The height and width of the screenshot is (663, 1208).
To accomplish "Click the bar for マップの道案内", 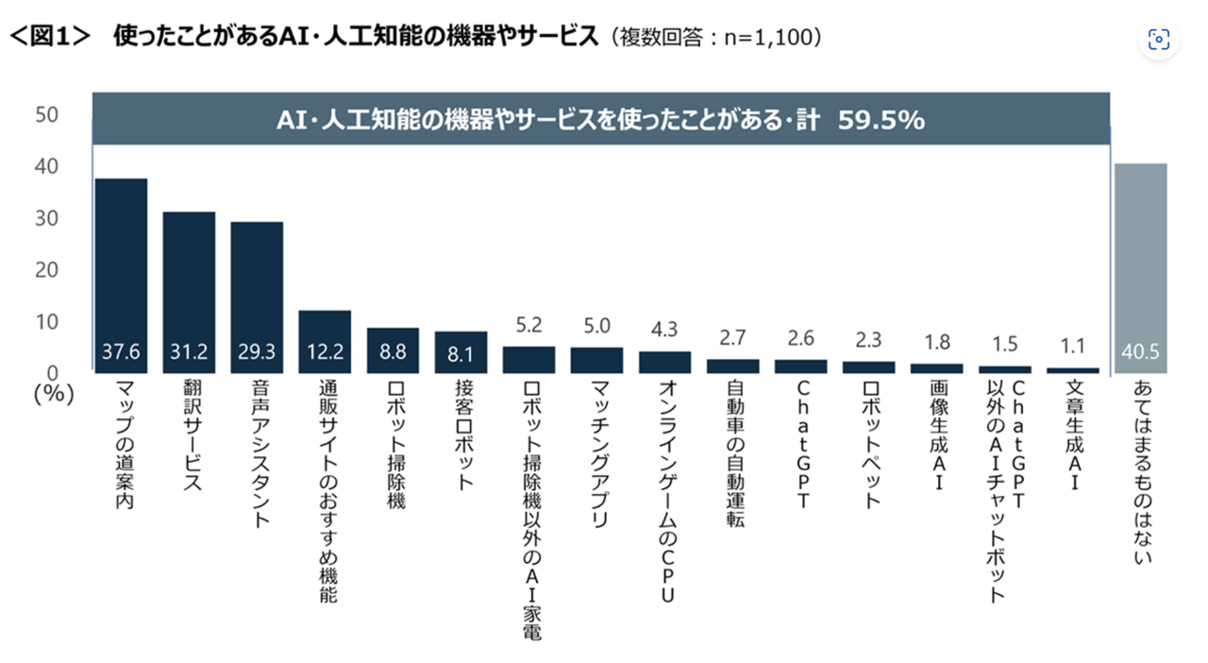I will tap(121, 274).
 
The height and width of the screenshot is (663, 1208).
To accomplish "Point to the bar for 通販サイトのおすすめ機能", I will tap(325, 340).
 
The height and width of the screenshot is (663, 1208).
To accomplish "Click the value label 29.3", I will tap(257, 353).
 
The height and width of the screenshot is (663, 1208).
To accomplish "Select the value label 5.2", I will tap(528, 327).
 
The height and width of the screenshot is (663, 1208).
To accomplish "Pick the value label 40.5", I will tap(1140, 353).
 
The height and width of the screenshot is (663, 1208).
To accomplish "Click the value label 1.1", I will tap(1072, 346).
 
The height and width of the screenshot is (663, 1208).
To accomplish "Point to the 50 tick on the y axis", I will tap(46, 115).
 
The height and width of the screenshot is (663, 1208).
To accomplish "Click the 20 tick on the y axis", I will tap(46, 270).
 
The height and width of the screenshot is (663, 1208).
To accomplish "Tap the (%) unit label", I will tap(53, 395).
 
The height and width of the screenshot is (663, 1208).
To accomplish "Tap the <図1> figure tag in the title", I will tap(49, 37).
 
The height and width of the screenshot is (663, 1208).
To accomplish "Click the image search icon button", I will tap(1158, 39).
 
